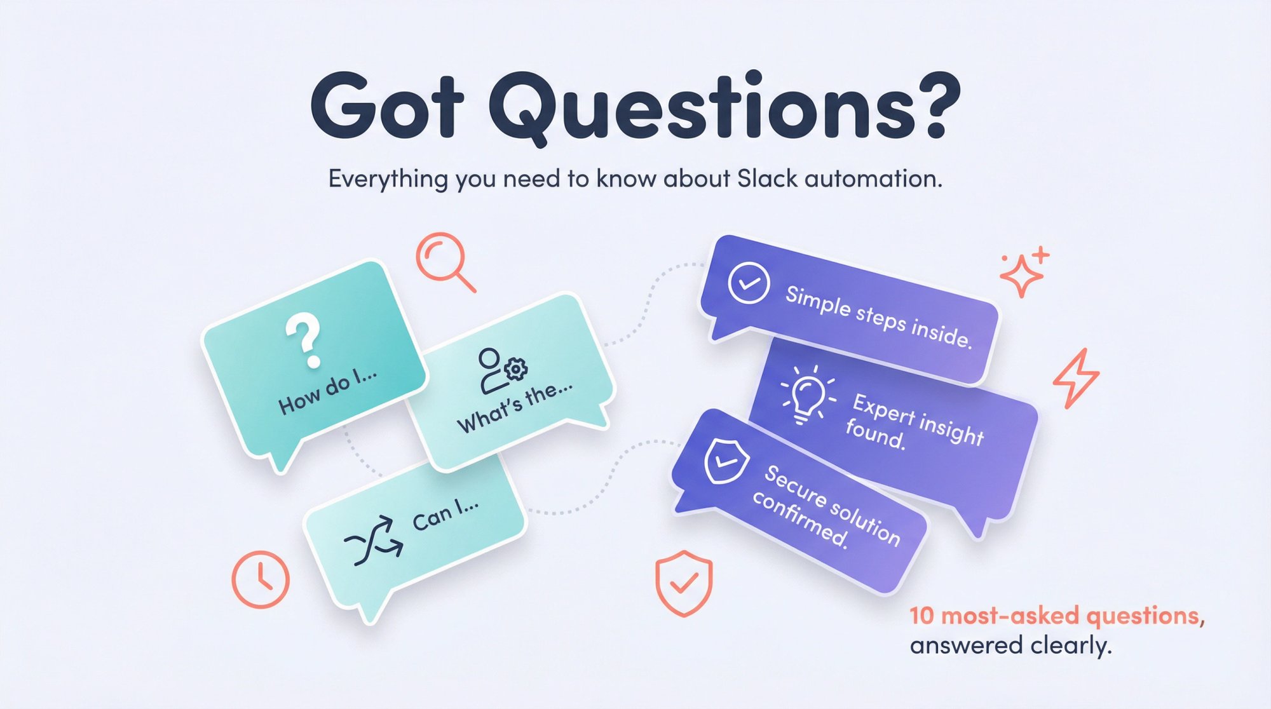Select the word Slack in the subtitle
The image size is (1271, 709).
[x=767, y=179]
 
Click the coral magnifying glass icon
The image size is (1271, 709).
[x=444, y=261]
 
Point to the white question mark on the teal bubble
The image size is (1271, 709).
[x=304, y=339]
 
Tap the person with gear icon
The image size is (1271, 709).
[x=501, y=370]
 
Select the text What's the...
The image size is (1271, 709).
[x=515, y=410]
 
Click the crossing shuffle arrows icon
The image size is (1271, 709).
[x=374, y=541]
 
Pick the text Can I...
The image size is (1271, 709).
[x=445, y=515]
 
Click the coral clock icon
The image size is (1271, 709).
[x=261, y=579]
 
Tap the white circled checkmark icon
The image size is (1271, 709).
[x=749, y=283]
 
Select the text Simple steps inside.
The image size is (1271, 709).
[x=879, y=317]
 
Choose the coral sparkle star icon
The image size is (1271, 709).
[x=1023, y=273]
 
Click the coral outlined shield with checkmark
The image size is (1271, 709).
[x=684, y=583]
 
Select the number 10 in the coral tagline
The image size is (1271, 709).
[x=921, y=616]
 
